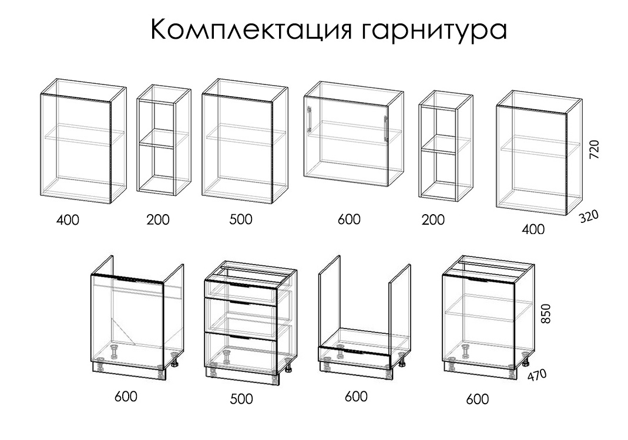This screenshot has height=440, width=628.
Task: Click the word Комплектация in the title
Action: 251,29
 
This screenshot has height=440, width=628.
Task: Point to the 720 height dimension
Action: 595,149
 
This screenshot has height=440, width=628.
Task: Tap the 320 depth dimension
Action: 589,216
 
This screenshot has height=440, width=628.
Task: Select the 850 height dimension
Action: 546,314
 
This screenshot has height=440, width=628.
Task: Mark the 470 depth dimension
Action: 537,375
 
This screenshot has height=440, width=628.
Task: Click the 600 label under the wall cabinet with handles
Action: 349,219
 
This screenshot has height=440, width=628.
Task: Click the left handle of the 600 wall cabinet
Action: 309,119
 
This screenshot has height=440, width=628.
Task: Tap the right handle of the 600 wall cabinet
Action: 386,128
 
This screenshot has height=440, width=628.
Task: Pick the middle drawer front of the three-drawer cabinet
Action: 241,316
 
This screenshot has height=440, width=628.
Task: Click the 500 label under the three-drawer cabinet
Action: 241,399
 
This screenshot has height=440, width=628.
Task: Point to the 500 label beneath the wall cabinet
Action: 241,219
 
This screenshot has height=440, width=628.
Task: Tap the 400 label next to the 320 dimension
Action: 533,229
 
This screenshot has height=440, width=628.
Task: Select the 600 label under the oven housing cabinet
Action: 356,397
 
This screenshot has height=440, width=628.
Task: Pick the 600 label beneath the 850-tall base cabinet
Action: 478,399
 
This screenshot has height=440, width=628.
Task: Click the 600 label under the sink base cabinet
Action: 126,397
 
